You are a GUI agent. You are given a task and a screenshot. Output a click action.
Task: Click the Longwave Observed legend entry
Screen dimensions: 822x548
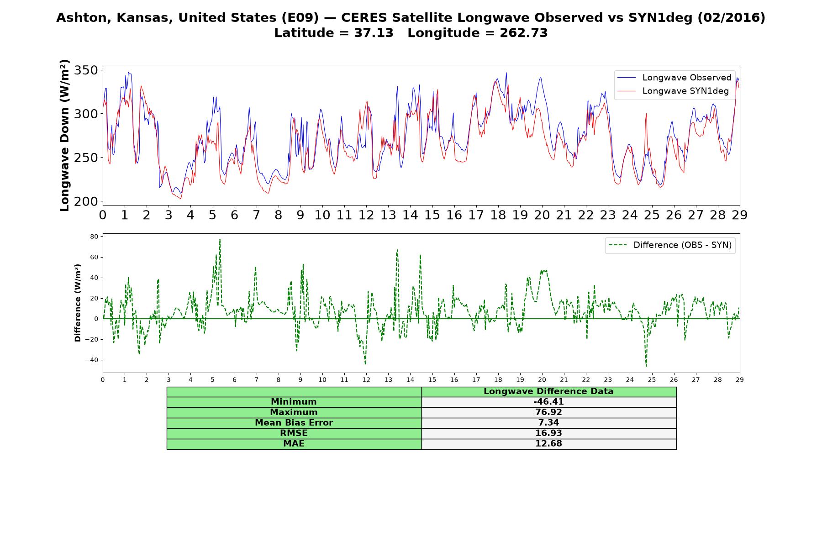click(x=674, y=78)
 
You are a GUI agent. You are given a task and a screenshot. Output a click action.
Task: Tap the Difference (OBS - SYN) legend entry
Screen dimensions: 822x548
click(x=670, y=245)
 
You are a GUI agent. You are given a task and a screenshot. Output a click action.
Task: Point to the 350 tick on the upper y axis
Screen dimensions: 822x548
click(x=87, y=70)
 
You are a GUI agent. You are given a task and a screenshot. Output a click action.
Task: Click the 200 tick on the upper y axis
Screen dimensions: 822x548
click(x=87, y=201)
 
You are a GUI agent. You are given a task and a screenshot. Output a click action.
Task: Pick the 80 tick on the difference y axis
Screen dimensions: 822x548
click(x=95, y=237)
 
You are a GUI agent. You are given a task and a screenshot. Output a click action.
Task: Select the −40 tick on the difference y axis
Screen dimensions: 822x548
click(x=91, y=360)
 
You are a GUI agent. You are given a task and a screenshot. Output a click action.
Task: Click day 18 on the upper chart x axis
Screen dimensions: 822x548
click(x=498, y=215)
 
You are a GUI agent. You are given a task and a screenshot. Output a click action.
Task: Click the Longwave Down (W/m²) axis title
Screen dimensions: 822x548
click(x=65, y=135)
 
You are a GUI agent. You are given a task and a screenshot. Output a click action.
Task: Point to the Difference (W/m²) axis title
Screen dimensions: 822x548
click(x=78, y=303)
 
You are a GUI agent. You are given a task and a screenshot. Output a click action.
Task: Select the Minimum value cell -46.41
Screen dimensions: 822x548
click(x=548, y=402)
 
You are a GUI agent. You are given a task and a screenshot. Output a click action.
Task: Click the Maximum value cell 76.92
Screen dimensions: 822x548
click(x=548, y=412)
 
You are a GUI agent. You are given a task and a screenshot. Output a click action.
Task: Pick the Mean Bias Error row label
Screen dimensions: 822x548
click(x=294, y=423)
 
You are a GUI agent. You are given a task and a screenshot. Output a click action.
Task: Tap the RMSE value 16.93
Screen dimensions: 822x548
click(x=548, y=433)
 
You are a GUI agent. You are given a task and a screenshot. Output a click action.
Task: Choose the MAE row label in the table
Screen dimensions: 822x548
click(x=294, y=444)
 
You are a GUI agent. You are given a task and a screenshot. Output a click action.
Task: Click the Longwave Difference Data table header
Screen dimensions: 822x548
click(x=548, y=391)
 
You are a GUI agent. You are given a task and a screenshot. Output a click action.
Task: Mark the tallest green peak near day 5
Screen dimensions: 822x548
click(x=220, y=239)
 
